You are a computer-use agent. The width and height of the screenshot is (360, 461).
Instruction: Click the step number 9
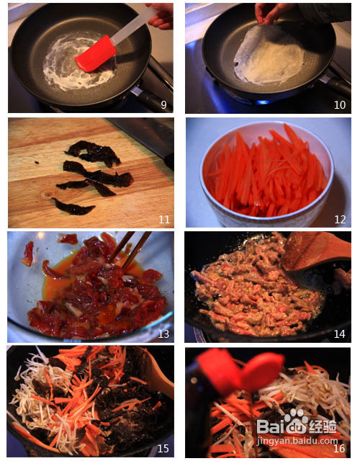pos(163,104)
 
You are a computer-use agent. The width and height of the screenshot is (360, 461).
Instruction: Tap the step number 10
pos(339,105)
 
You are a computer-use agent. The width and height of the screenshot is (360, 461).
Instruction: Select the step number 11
pos(164,219)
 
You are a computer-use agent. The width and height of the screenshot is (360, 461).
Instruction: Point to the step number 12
pos(340,219)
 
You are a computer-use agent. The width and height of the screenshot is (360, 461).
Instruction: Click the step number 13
pos(163,334)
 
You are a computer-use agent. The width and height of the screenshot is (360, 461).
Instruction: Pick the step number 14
pos(339,334)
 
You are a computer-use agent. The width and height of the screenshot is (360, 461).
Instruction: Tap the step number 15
pos(163,448)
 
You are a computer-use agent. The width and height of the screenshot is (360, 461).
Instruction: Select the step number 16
pos(339,448)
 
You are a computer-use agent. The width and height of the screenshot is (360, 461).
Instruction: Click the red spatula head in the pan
pos(96,54)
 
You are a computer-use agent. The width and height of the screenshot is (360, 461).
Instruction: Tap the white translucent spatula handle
pos(134,26)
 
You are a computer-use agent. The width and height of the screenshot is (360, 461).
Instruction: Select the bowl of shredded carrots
pos(266,174)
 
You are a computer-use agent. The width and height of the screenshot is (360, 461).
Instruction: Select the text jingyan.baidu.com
pos(297,441)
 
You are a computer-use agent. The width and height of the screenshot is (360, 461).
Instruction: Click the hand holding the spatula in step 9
pos(160,17)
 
